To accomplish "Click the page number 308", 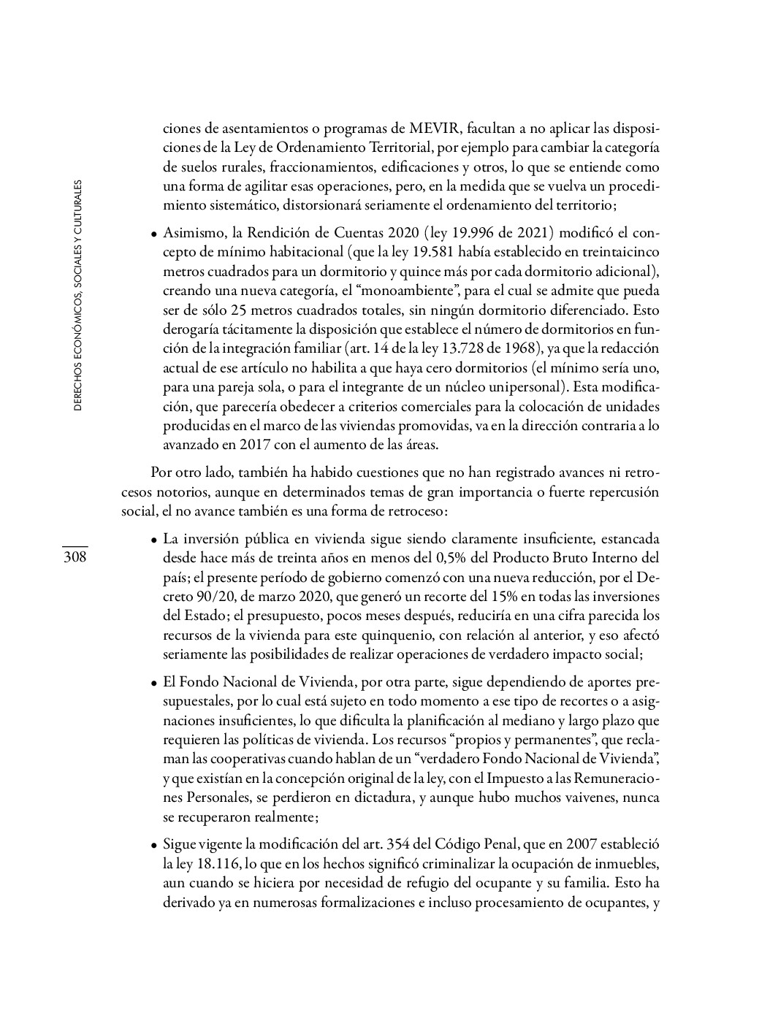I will [x=75, y=558].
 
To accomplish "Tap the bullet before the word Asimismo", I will [x=154, y=235].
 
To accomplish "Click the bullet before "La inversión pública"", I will [x=154, y=541].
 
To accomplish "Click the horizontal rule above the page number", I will [x=75, y=546].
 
